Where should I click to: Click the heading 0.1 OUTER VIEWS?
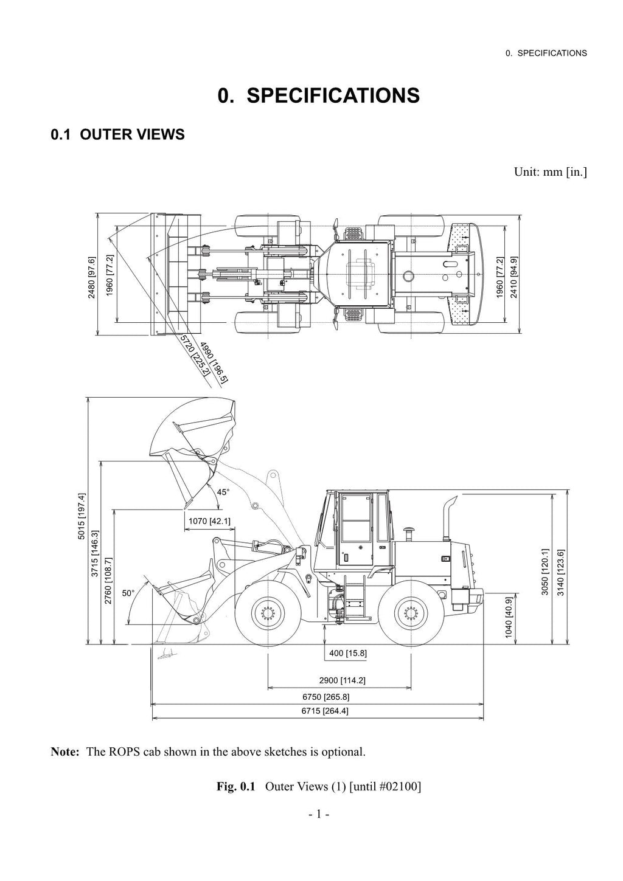click(117, 134)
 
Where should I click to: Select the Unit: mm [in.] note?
click(550, 172)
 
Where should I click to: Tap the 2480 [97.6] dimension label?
click(92, 277)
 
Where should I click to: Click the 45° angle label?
click(223, 492)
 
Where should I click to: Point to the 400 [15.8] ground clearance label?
click(348, 654)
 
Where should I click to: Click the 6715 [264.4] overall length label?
click(325, 711)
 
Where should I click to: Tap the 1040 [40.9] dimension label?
click(509, 616)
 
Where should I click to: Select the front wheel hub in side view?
click(267, 612)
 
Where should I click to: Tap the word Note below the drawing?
click(64, 752)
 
